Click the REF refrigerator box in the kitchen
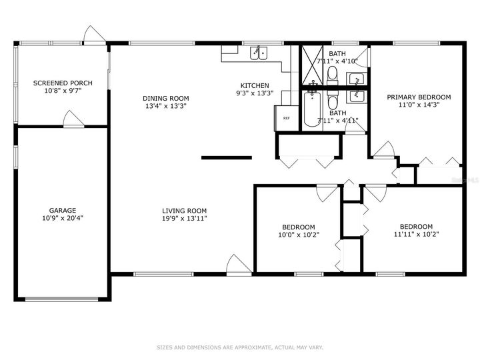(x=286, y=118)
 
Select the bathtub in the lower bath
(x=311, y=110)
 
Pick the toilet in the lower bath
(x=334, y=99)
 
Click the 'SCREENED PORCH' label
(x=63, y=83)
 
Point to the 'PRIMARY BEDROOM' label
(x=419, y=97)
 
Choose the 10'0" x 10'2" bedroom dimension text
(x=299, y=235)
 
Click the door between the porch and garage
(x=73, y=120)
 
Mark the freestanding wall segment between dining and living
(x=227, y=158)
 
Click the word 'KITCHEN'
(x=255, y=85)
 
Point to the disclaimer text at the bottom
(x=239, y=347)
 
